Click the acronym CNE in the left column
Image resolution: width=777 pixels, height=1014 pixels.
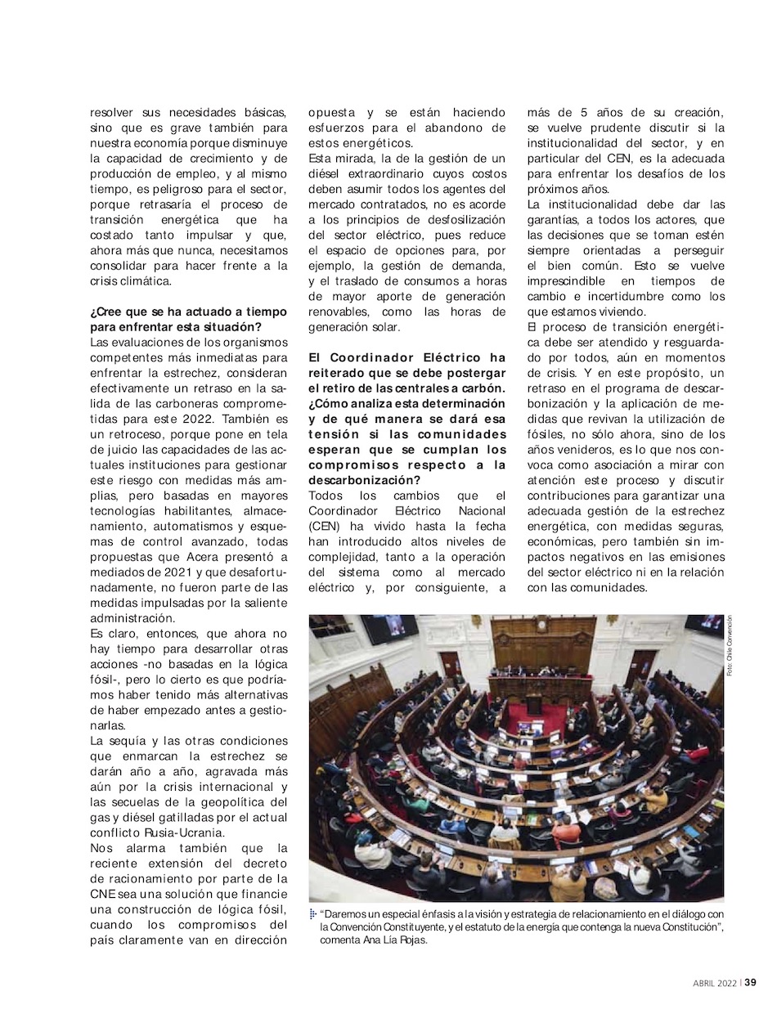[x=104, y=894]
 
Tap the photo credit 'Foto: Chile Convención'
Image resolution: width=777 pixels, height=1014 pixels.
[x=729, y=646]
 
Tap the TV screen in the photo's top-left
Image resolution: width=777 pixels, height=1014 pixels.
[x=388, y=630]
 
